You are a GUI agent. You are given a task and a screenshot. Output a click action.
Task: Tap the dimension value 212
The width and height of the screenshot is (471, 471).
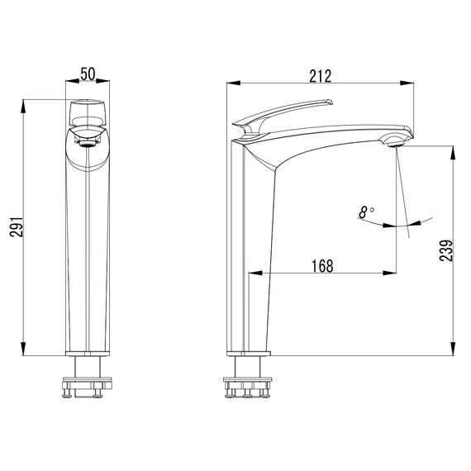click(x=320, y=75)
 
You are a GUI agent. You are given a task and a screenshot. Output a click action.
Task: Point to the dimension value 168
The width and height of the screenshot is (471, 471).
click(x=322, y=265)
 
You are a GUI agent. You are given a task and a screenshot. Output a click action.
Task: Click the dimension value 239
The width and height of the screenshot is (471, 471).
click(x=446, y=250)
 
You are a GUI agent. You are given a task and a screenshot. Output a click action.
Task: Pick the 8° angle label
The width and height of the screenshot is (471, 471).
click(x=367, y=212)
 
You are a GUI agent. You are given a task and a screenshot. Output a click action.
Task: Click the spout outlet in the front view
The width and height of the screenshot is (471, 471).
click(x=87, y=141)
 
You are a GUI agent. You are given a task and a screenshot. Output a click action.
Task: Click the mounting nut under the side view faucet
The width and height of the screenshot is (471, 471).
click(x=249, y=386)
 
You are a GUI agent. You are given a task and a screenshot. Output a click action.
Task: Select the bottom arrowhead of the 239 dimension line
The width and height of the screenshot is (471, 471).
click(x=453, y=351)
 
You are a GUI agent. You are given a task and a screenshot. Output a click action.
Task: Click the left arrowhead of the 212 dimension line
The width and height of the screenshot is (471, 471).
click(x=232, y=83)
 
